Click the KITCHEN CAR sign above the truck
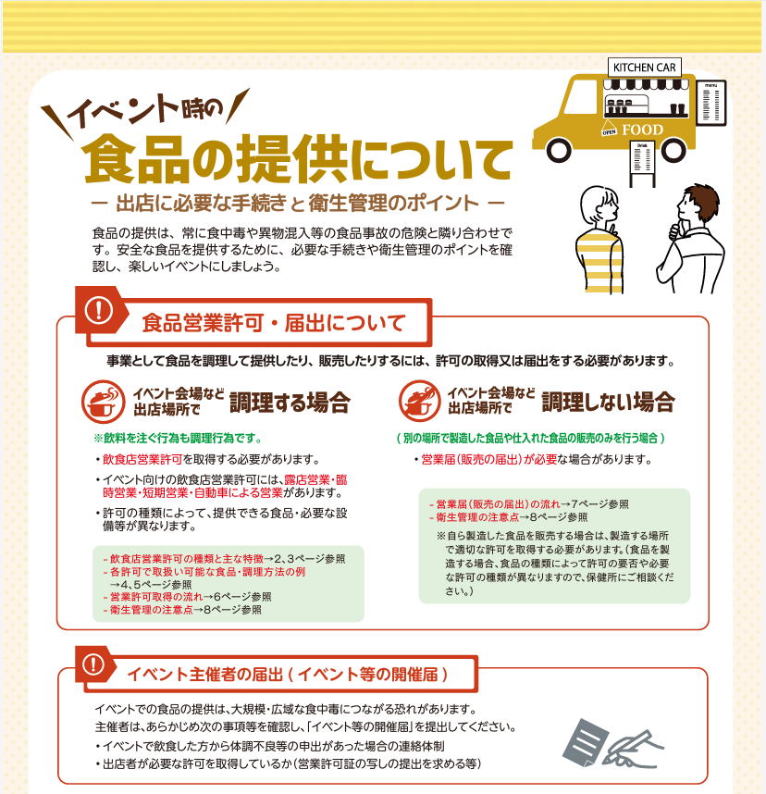click(x=644, y=68)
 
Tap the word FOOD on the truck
click(x=642, y=130)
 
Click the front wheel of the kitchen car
click(x=559, y=149)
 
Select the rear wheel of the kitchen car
click(x=673, y=149)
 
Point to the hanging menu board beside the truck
click(x=710, y=103)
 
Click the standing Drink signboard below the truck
click(x=642, y=164)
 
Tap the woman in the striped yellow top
click(x=599, y=239)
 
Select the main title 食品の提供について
click(x=298, y=158)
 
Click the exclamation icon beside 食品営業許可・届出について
click(x=99, y=309)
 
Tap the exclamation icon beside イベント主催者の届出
click(x=93, y=664)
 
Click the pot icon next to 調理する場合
click(x=104, y=402)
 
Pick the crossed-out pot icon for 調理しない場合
click(x=420, y=401)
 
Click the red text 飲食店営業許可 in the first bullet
click(x=142, y=459)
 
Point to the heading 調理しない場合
click(x=608, y=402)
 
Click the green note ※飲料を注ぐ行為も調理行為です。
click(x=178, y=438)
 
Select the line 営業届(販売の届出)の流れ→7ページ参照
click(x=529, y=503)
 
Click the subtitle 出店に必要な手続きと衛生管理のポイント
click(x=298, y=203)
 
